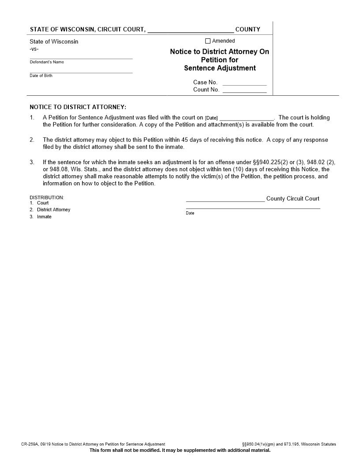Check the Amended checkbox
click(x=208, y=41)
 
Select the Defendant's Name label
click(x=47, y=62)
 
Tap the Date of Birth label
click(x=41, y=76)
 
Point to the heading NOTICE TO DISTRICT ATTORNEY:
click(x=78, y=107)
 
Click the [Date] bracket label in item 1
click(x=211, y=118)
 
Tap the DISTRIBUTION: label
click(x=47, y=197)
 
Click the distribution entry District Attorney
click(x=53, y=210)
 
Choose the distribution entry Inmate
click(x=44, y=217)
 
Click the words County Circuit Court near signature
click(x=292, y=199)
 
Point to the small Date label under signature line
click(x=190, y=213)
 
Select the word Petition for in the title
click(x=219, y=60)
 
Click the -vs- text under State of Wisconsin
click(x=34, y=49)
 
